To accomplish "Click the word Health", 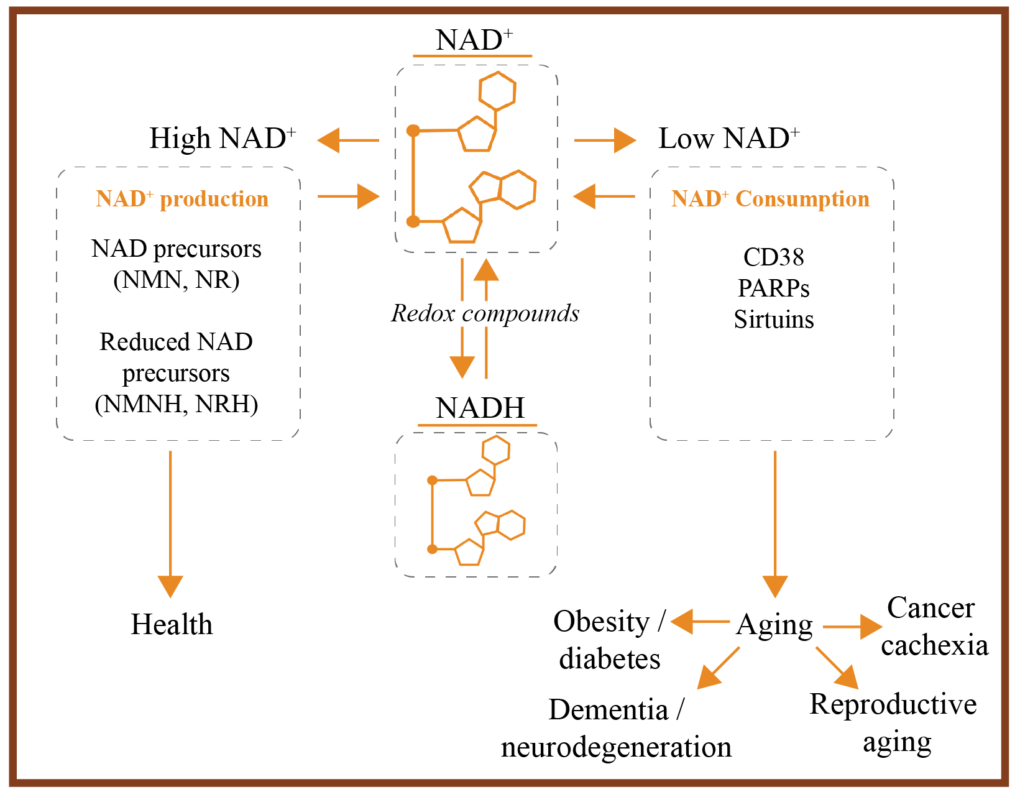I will [172, 624].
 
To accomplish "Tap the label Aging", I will [774, 625].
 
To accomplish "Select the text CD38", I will [773, 257].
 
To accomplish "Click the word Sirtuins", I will [773, 320].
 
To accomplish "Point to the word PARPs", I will [773, 288].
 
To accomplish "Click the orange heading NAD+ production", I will [182, 199].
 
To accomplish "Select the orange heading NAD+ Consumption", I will [770, 199].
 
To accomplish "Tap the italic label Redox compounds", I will [485, 313].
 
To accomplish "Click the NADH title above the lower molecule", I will [480, 408].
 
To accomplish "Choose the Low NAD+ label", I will [728, 139].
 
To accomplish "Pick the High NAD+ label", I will [222, 139].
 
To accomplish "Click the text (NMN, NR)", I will [176, 280].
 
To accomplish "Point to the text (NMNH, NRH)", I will [176, 404].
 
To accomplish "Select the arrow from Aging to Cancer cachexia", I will [852, 627].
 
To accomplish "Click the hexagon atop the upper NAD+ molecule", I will [497, 91].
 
